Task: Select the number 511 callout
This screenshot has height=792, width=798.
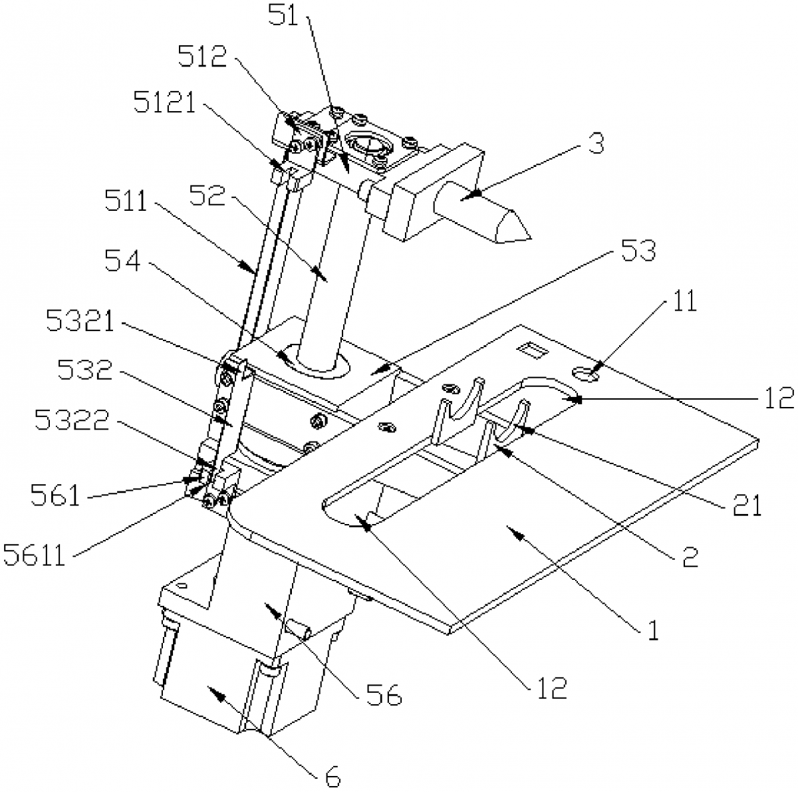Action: click(x=126, y=201)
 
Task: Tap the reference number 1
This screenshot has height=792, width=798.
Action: click(x=652, y=628)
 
